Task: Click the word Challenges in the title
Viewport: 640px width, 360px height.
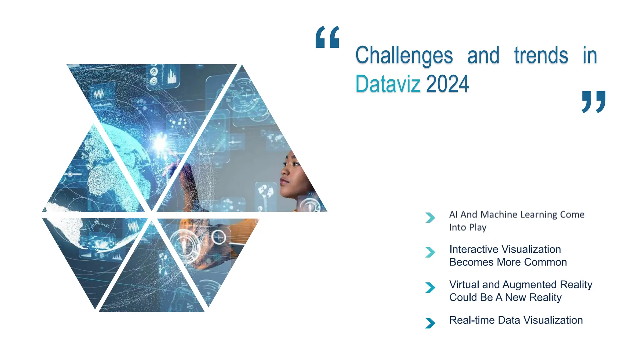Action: (x=404, y=56)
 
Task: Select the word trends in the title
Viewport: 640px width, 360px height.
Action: (x=541, y=56)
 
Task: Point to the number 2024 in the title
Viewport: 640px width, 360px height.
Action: (x=447, y=84)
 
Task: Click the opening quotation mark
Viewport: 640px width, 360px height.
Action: (x=327, y=37)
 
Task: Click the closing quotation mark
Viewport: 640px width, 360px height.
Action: (x=593, y=102)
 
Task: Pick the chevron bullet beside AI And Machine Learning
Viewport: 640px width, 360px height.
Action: (x=430, y=217)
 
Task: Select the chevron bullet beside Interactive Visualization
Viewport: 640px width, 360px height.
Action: (x=430, y=252)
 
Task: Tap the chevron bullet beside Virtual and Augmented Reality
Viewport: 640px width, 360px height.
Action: (x=430, y=287)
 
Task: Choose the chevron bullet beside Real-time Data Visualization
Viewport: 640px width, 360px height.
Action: (x=430, y=323)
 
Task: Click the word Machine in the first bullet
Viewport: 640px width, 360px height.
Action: (x=499, y=215)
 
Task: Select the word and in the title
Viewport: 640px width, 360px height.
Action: (x=483, y=56)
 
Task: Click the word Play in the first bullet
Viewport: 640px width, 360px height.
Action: (x=478, y=227)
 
